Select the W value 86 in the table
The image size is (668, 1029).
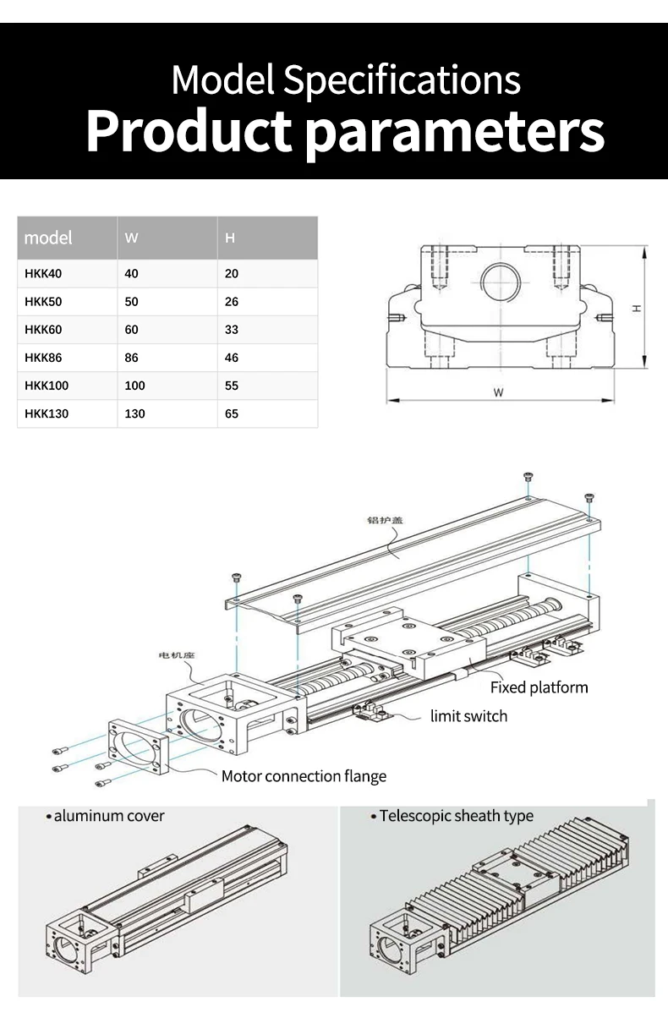[131, 358]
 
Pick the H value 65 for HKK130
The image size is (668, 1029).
[232, 413]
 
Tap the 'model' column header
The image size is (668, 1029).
[48, 238]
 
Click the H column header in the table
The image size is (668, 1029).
[230, 238]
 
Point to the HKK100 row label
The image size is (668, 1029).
[47, 386]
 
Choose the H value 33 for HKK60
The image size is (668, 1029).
[232, 330]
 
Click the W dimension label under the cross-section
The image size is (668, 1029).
[499, 392]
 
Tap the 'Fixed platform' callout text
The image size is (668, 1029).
[539, 687]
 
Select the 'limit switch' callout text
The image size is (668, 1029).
[468, 716]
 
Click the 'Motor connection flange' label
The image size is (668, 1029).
[304, 776]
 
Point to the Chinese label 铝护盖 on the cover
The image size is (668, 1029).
[385, 519]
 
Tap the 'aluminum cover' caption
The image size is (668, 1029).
[108, 816]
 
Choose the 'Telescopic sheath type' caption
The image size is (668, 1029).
[456, 816]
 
